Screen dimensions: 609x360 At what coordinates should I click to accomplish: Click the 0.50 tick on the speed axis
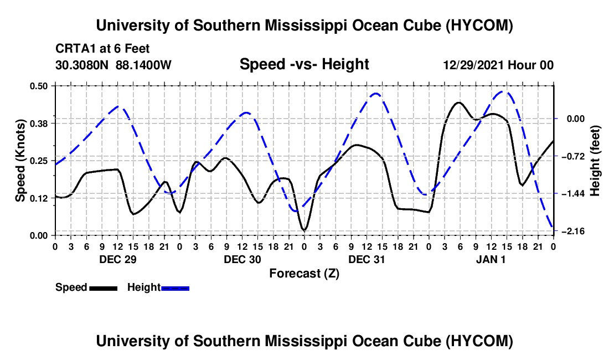click(39, 86)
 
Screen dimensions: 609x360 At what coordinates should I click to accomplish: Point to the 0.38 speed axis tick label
click(39, 124)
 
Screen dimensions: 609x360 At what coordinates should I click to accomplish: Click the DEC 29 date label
click(118, 259)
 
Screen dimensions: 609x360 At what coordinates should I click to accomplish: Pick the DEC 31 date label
click(367, 259)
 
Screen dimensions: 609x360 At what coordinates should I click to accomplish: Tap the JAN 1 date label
click(491, 259)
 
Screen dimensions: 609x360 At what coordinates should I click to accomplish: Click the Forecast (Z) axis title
click(304, 274)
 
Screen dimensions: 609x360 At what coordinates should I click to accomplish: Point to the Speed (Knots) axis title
click(20, 161)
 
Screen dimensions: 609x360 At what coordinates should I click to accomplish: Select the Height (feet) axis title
click(595, 161)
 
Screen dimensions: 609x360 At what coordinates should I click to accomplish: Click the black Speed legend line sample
click(104, 288)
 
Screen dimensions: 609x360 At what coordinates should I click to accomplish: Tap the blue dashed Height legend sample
click(175, 288)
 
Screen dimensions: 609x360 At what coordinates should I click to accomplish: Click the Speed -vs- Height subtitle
click(304, 64)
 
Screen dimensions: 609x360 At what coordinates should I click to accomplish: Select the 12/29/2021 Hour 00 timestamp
click(498, 65)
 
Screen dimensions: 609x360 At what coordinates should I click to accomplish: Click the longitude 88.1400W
click(143, 65)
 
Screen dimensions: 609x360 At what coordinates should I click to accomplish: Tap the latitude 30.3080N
click(82, 65)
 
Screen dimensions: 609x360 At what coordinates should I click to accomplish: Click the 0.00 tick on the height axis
click(576, 119)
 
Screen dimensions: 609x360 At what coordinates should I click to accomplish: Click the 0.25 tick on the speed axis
click(39, 161)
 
